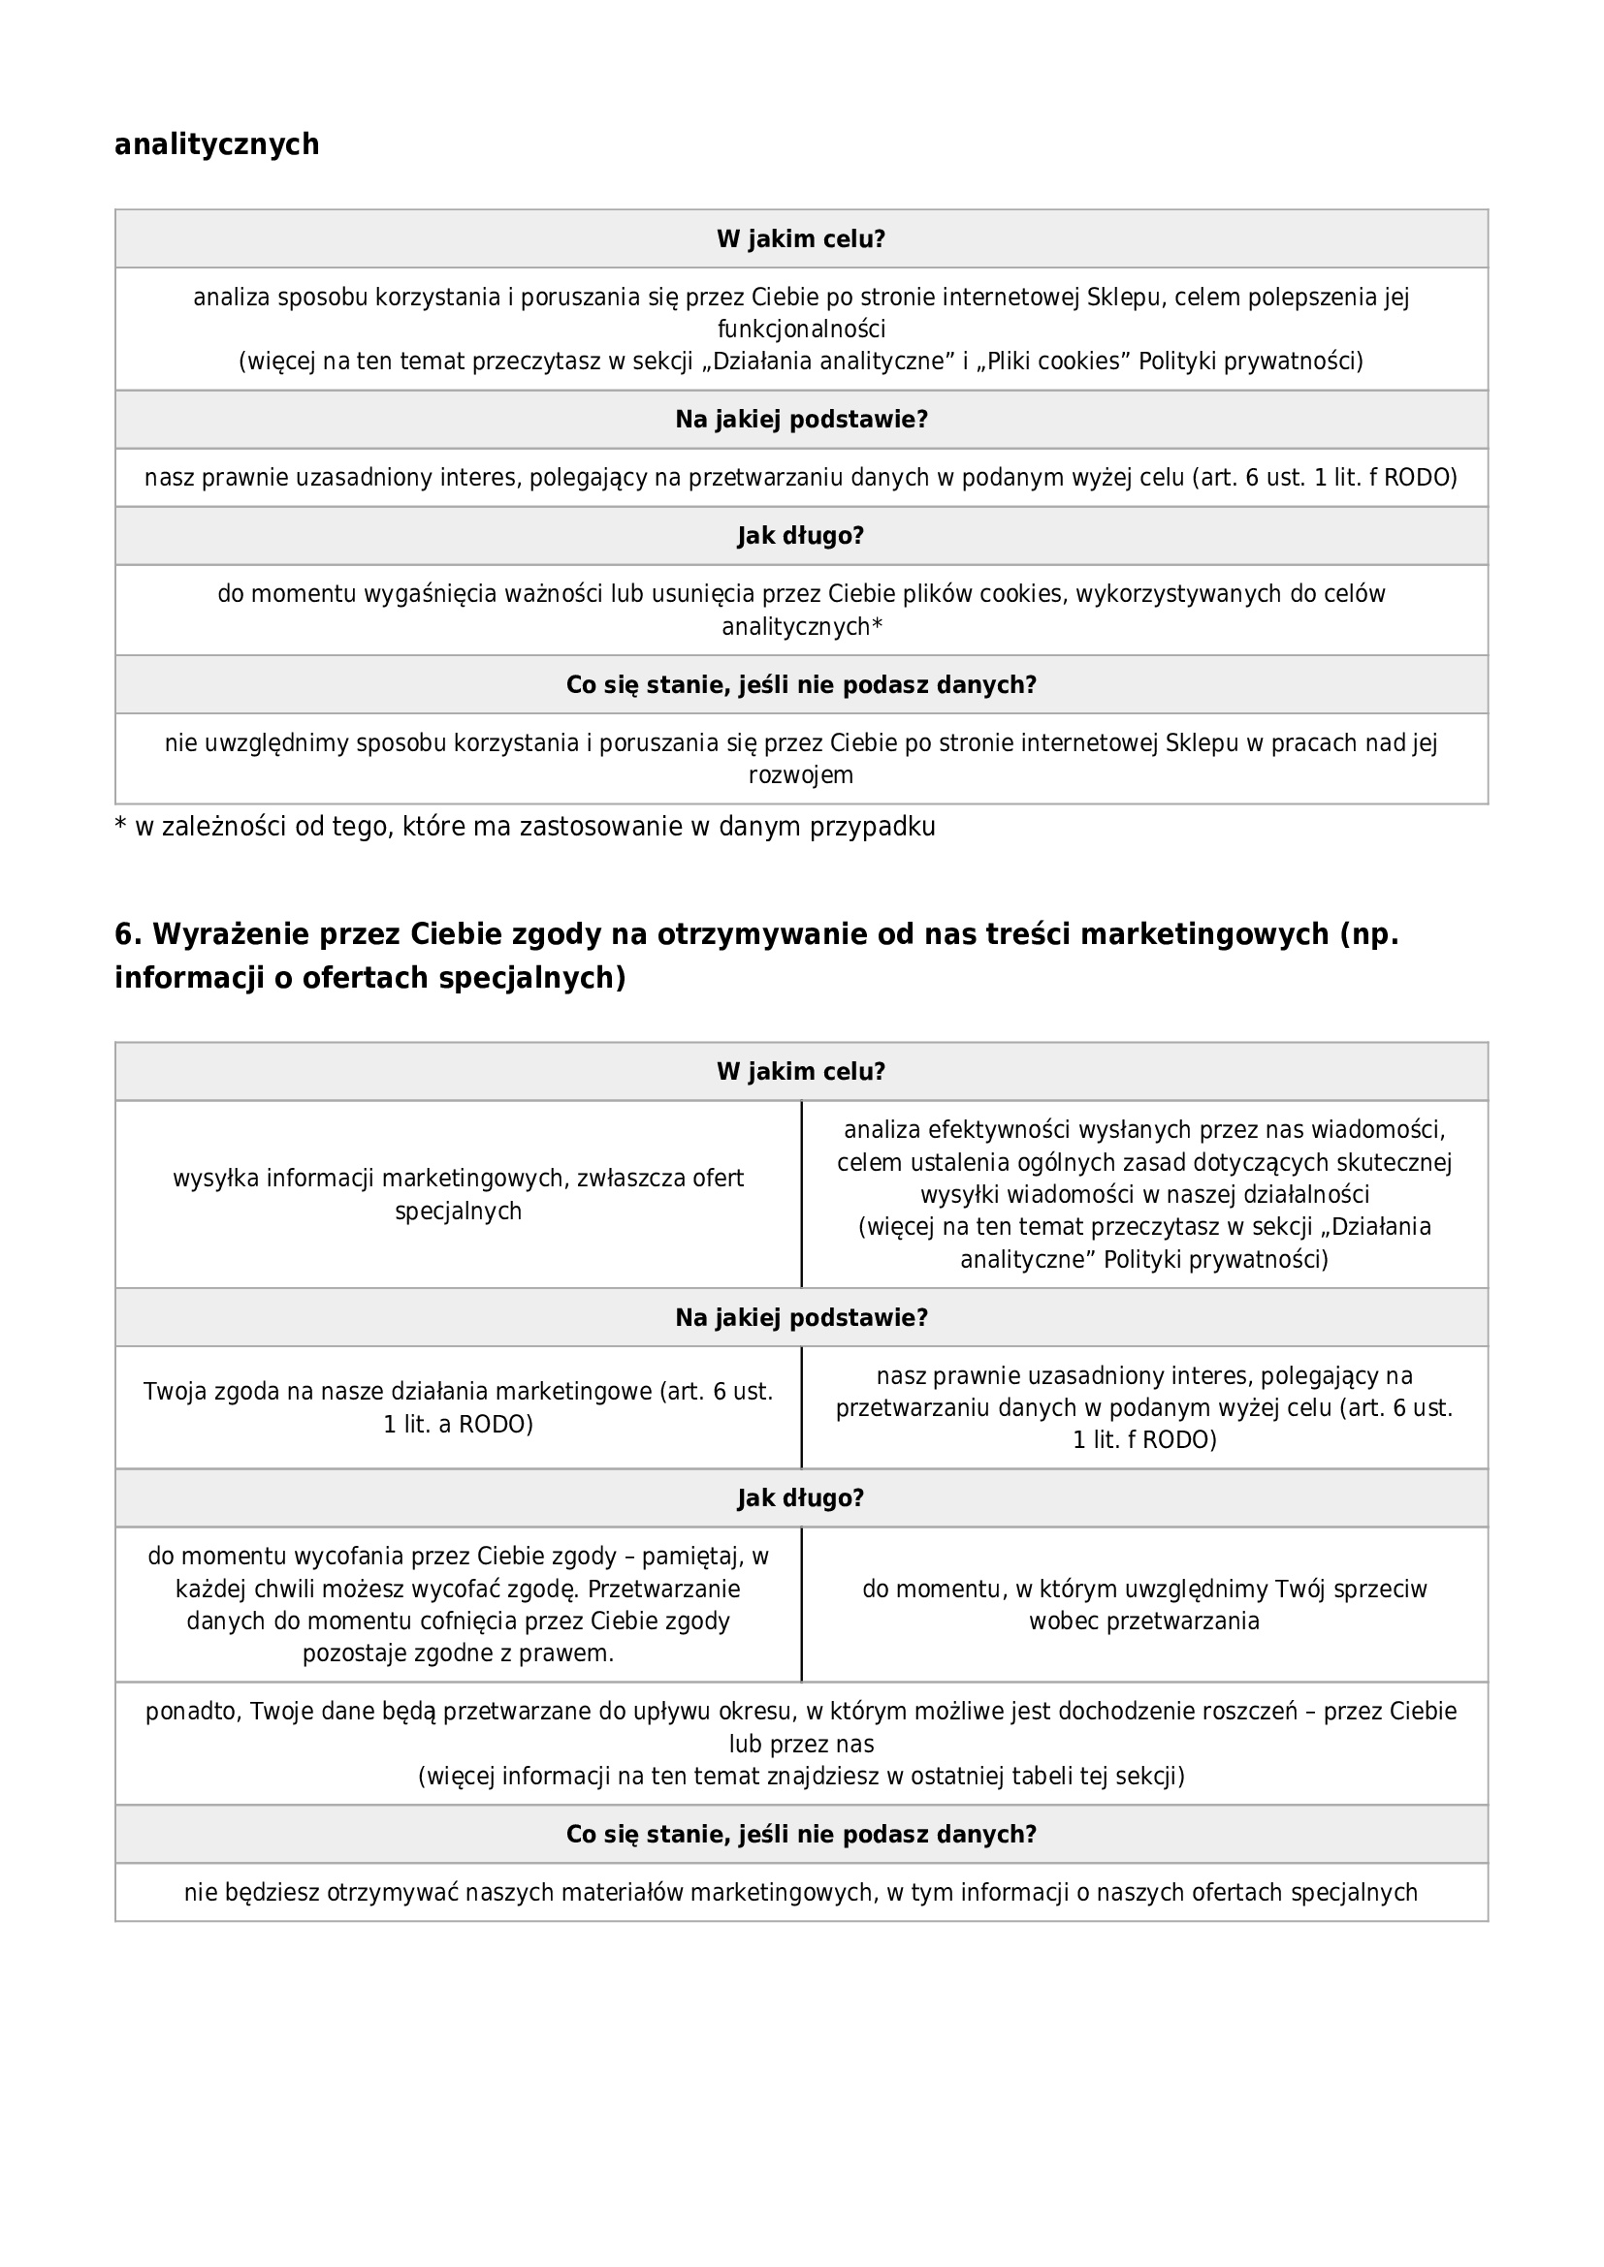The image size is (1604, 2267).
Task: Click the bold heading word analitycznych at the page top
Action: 216,144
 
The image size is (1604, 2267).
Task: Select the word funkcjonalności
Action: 801,329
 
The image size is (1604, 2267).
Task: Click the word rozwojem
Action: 801,775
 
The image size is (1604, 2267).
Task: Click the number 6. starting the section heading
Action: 128,934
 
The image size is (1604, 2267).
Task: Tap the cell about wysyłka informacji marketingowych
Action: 459,1194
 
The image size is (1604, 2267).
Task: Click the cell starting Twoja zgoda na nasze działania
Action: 459,1407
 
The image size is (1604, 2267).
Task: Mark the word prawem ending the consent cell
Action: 572,1653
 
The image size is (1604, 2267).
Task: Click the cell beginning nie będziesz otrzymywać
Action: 801,1892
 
